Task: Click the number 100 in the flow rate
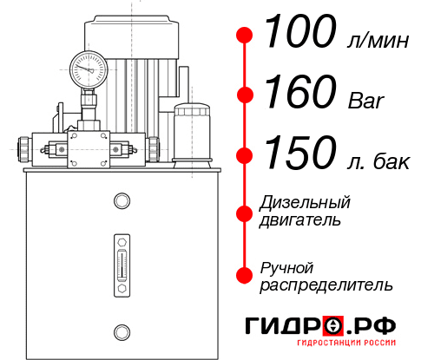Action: point(299,34)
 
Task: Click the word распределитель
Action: point(326,285)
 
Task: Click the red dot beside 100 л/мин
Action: point(246,36)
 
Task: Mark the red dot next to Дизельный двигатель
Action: point(246,213)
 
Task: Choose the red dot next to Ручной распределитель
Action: point(246,275)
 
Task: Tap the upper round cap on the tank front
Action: point(122,201)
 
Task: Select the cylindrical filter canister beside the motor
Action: point(193,133)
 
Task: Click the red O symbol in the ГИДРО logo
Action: point(332,326)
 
